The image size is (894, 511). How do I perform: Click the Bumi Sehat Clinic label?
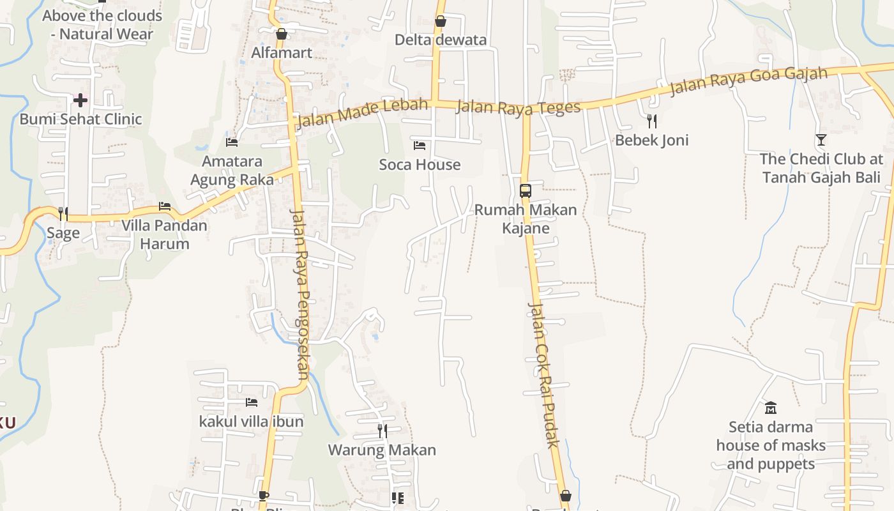80,119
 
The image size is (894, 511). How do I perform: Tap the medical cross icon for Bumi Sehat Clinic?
80,100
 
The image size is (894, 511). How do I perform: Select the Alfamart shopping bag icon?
282,34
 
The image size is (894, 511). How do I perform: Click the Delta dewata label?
441,40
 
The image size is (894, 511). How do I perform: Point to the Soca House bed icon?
420,146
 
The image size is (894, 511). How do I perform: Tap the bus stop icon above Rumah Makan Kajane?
526,190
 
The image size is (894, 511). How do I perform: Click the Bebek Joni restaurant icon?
652,121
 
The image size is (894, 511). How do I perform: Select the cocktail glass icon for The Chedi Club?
821,140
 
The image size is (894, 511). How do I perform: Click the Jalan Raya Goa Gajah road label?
748,80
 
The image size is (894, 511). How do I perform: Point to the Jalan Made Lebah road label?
362,112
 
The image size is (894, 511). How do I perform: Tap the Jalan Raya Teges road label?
519,107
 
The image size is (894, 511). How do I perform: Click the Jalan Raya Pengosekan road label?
300,294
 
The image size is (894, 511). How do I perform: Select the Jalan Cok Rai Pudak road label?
543,374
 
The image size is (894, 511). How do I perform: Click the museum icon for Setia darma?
771,408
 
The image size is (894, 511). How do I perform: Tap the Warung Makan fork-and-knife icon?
382,431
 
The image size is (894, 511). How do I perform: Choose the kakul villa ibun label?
252,422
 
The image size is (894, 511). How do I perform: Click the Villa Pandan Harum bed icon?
165,206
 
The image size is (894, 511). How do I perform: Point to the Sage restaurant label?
63,233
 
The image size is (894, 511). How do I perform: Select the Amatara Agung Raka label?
232,171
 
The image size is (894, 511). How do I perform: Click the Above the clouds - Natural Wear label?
102,24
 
